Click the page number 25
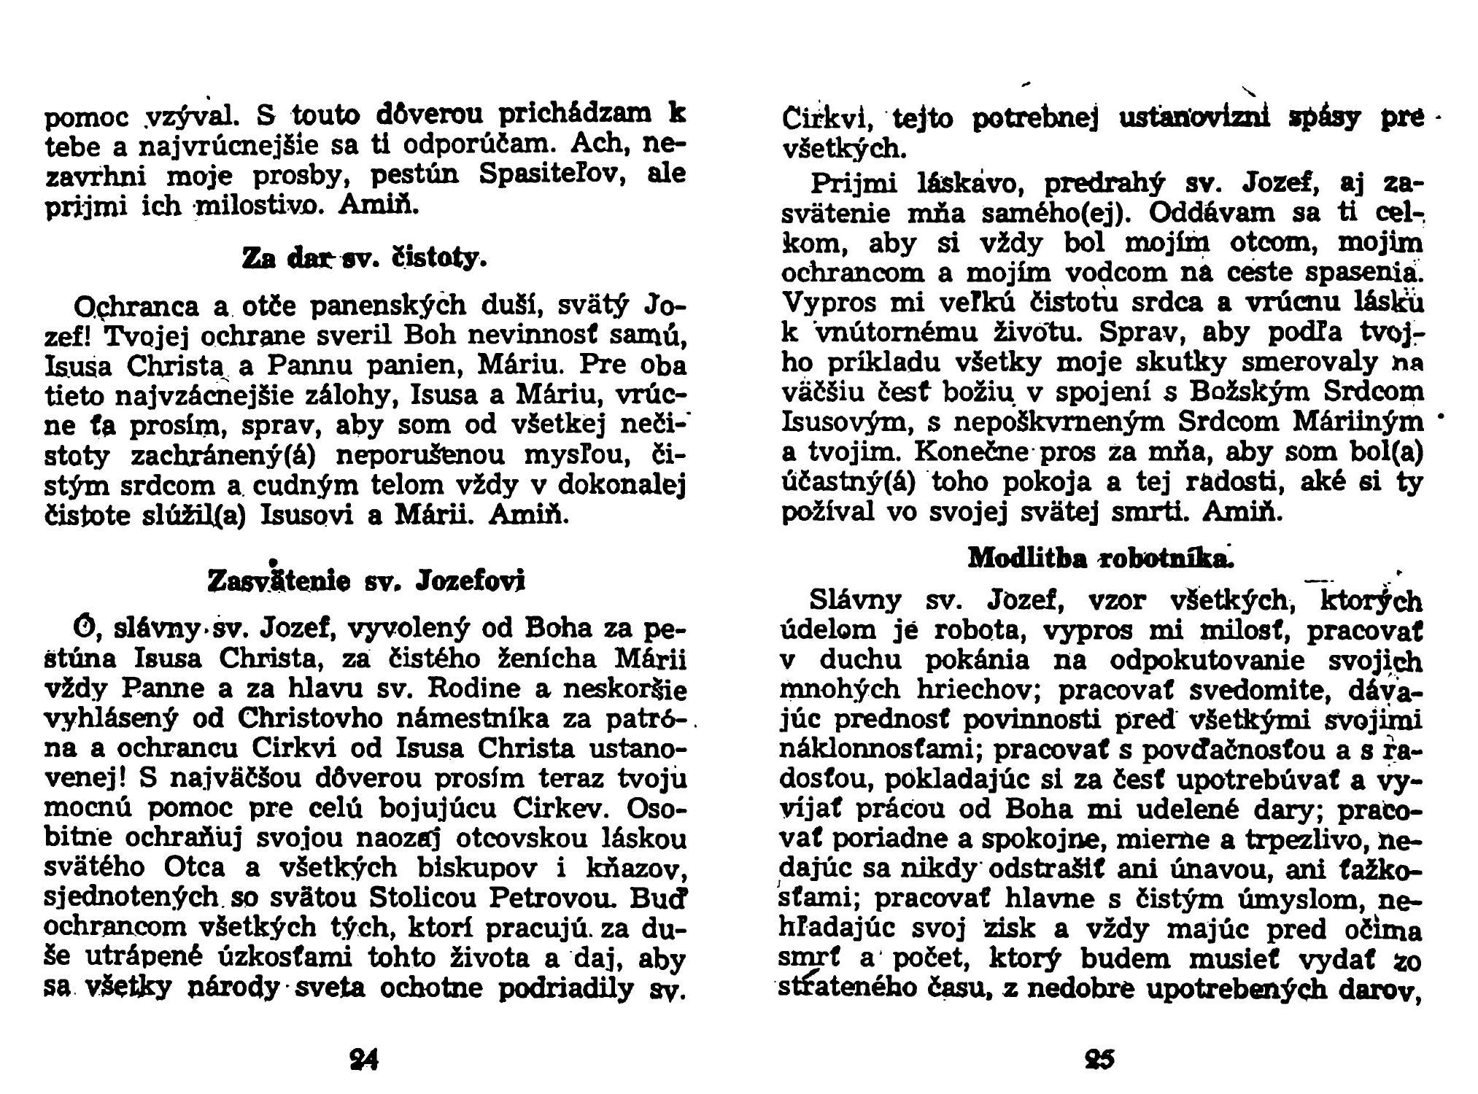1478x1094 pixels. (1100, 1058)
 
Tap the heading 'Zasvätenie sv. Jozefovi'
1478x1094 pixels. (366, 581)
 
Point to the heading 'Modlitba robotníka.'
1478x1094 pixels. (1100, 557)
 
